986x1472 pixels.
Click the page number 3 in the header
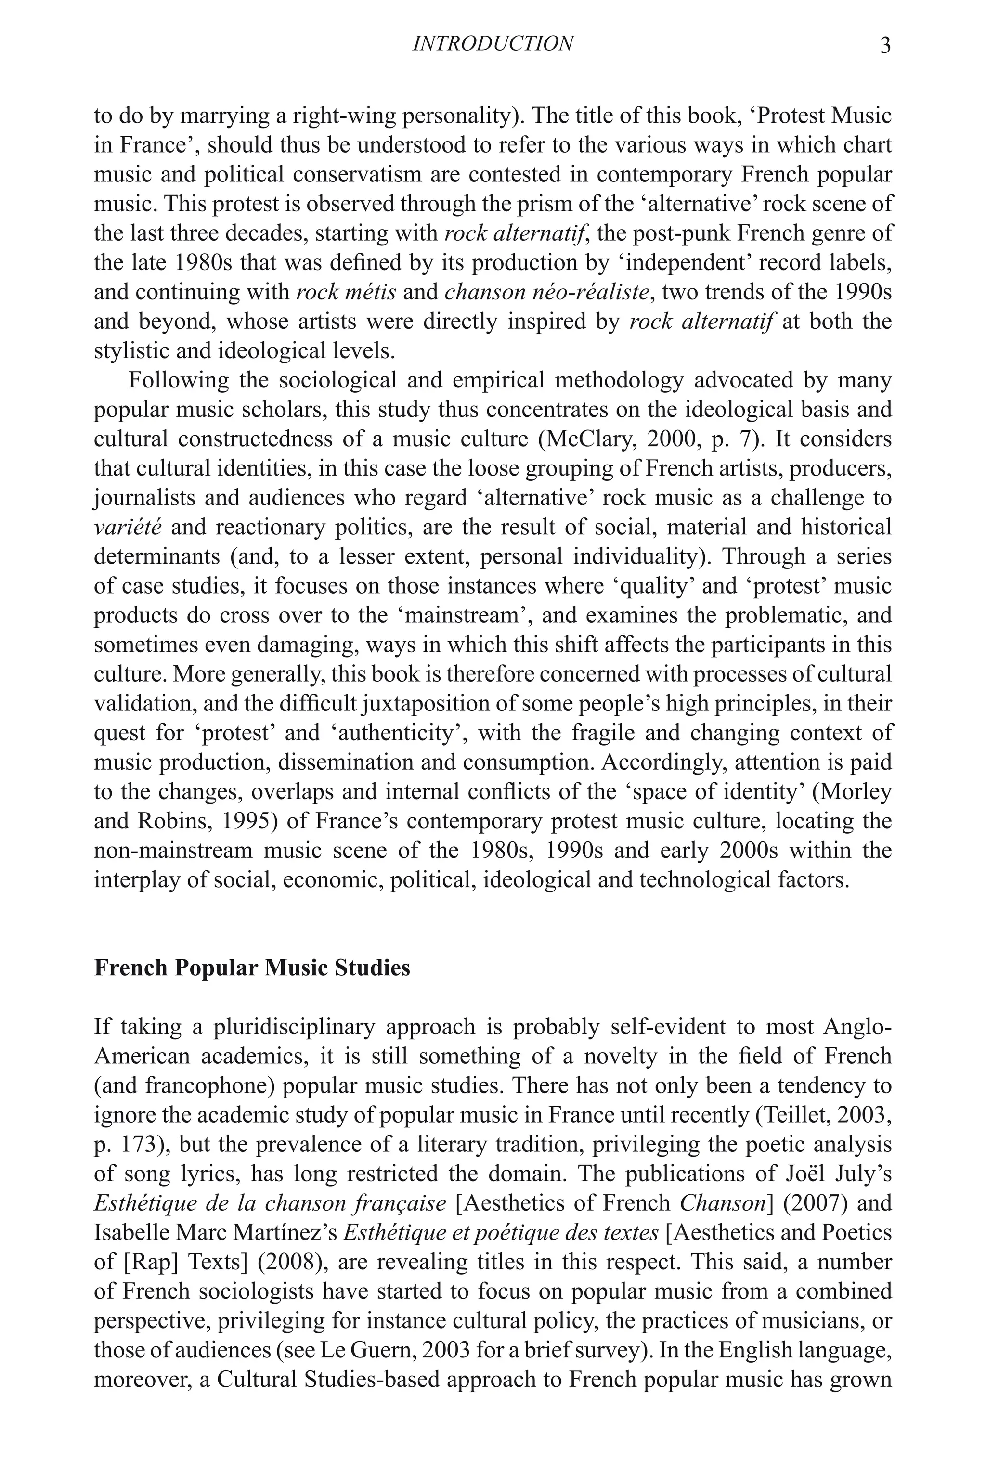(885, 45)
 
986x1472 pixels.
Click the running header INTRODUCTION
(493, 43)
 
